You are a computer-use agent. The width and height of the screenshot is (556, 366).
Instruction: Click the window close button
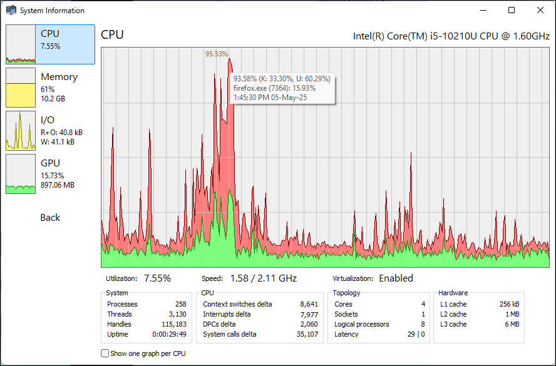coord(540,10)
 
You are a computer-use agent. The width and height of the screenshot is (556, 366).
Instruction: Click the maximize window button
coord(512,10)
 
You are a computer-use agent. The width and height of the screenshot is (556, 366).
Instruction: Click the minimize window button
coord(483,10)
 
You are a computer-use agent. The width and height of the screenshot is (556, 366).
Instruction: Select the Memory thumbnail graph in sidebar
coord(21,87)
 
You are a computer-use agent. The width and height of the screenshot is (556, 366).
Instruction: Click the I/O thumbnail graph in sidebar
coord(21,130)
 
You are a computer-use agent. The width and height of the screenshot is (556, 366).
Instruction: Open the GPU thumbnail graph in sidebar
coord(21,173)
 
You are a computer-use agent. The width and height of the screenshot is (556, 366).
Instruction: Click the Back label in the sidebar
coord(50,218)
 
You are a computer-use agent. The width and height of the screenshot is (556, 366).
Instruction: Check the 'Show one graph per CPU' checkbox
coord(105,353)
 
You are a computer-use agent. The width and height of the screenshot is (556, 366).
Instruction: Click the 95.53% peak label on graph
coord(217,54)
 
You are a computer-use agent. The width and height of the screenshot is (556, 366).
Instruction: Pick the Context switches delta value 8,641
coord(308,304)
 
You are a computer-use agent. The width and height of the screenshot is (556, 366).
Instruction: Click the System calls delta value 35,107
coord(306,334)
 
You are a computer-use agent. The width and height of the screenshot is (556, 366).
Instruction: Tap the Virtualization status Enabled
coord(396,278)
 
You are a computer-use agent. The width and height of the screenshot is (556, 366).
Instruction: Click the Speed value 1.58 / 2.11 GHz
coord(263,278)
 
